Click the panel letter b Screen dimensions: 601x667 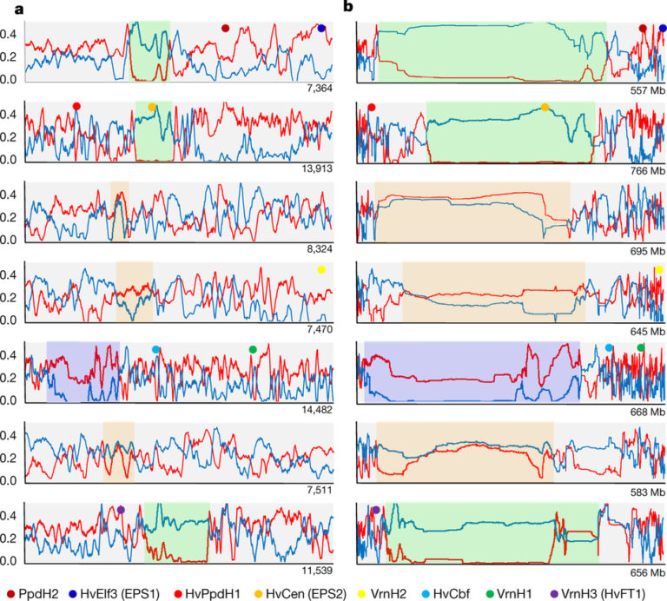point(348,7)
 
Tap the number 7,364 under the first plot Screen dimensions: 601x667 point(319,89)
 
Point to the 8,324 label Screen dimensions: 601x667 point(319,248)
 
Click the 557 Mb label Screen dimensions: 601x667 point(645,89)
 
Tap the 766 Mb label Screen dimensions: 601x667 point(645,168)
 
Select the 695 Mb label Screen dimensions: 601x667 point(645,248)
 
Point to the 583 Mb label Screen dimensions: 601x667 point(645,492)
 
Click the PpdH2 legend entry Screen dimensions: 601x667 point(34,591)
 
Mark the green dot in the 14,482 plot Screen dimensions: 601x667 point(253,349)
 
